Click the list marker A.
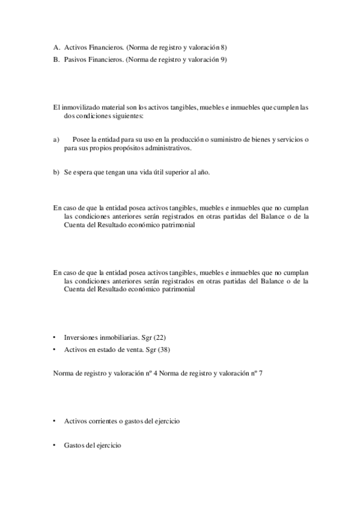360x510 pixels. click(x=56, y=47)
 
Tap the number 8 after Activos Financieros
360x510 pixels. click(x=223, y=47)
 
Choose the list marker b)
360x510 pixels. click(x=56, y=172)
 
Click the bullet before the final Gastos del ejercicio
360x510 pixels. click(x=55, y=446)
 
